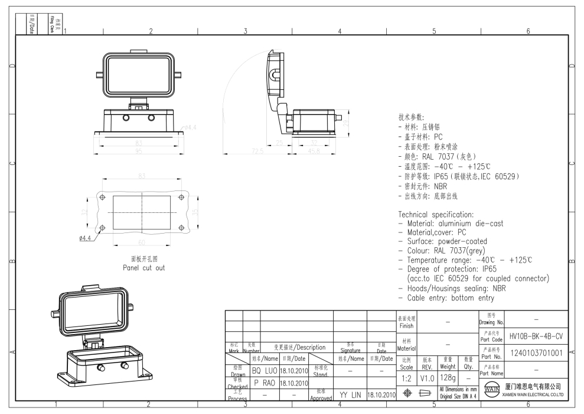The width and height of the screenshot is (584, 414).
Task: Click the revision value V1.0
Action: tap(428, 376)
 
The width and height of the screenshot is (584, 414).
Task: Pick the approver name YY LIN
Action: tap(350, 393)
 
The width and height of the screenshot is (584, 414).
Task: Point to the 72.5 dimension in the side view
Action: tap(257, 152)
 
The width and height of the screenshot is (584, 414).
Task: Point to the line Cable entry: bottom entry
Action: tap(451, 297)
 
